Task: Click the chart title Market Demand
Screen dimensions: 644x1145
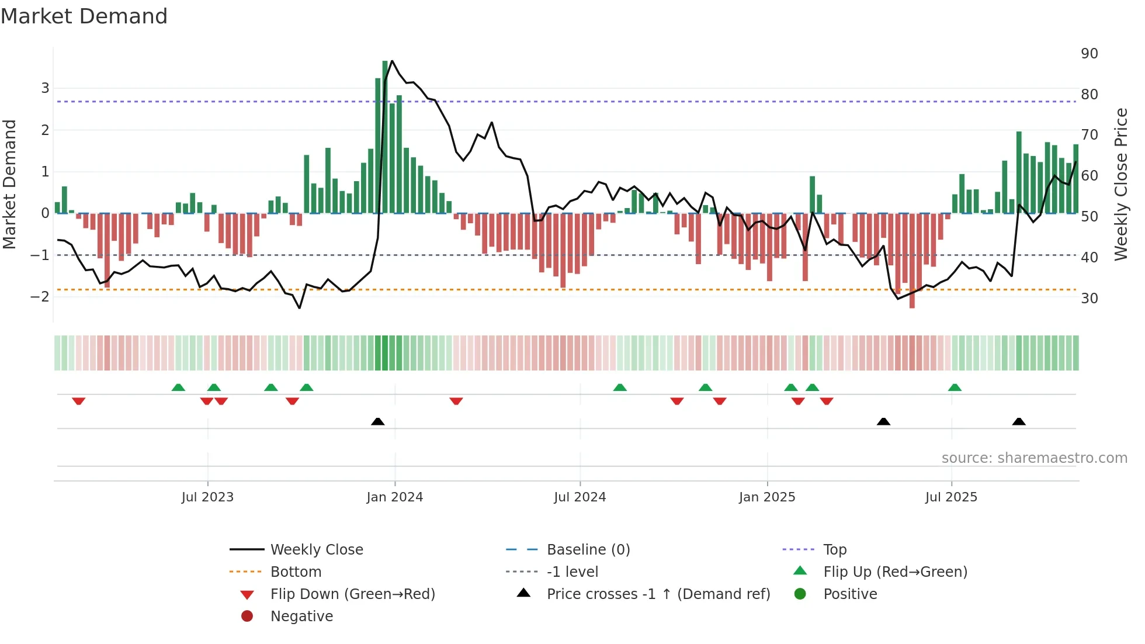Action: tap(84, 16)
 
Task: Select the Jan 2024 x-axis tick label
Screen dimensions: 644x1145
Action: tap(394, 497)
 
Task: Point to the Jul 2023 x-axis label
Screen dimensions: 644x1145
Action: tap(207, 497)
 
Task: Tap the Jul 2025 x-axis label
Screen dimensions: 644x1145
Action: tap(951, 497)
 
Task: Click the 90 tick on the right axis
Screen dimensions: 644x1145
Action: tap(1089, 54)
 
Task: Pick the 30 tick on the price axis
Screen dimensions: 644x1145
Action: tap(1089, 299)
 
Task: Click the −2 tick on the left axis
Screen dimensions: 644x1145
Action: tap(40, 297)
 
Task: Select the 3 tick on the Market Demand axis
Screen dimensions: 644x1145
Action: tap(45, 88)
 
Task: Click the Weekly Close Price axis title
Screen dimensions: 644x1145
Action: tap(1120, 184)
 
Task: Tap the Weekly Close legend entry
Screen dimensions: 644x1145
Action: tap(316, 550)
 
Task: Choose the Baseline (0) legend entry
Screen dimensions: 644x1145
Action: tap(588, 550)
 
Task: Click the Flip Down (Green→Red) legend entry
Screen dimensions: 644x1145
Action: tap(352, 594)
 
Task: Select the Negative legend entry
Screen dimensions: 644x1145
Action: tap(301, 617)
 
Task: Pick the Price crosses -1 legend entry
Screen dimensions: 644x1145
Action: tap(658, 594)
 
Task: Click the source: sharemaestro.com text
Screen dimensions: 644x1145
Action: tap(1034, 458)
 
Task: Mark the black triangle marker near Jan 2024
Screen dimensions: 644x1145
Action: tap(378, 421)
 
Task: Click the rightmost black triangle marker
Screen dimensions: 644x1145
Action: tap(1019, 421)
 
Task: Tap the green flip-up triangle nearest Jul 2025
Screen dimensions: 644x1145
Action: tap(955, 387)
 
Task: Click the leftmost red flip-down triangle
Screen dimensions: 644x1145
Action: tap(79, 401)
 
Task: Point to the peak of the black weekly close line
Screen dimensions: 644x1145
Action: tap(392, 61)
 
